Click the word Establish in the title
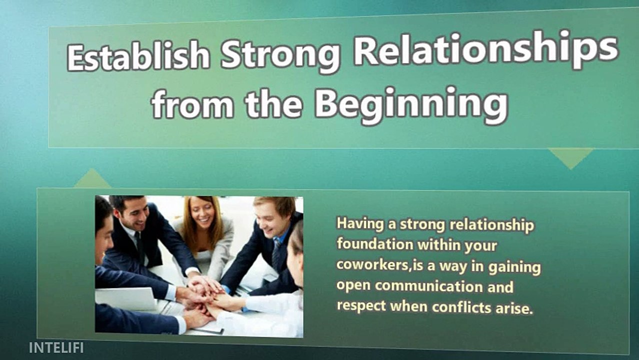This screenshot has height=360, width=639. [138, 56]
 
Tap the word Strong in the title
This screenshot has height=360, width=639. [280, 53]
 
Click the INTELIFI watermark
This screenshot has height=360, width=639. [56, 347]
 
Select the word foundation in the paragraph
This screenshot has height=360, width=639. [375, 244]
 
